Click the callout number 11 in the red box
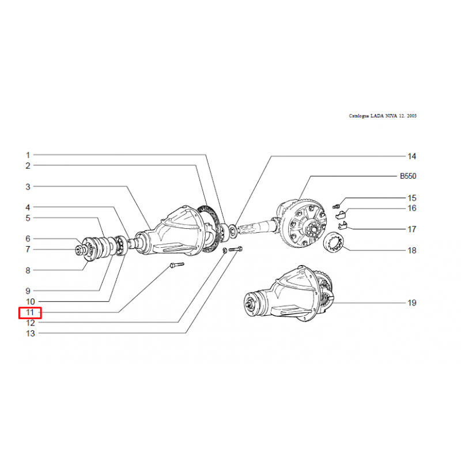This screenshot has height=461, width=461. pos(30,312)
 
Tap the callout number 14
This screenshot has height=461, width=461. pos(411,156)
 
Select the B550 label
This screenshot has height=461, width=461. pos(408,176)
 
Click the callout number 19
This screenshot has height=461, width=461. pos(412,303)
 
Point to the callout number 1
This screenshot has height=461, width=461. pos(28,155)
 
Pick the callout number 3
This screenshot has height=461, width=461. pos(28,187)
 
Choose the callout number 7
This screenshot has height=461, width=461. pos(28,250)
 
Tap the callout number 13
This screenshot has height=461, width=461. pos(31,334)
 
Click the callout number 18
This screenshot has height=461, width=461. pos(412,251)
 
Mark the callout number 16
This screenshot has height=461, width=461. pos(412,208)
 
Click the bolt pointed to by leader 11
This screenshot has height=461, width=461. pos(177,265)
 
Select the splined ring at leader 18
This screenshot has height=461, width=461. pos(333,241)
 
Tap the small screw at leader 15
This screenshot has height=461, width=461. pos(336,206)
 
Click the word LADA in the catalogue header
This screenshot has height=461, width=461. pos(377,116)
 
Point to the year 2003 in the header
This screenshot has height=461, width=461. pos(411,116)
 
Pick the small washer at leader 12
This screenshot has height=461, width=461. pos(224,251)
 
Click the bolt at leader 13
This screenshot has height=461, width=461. pos(236,249)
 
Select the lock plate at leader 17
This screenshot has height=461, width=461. pos(342,225)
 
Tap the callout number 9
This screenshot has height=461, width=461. pos(28,291)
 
